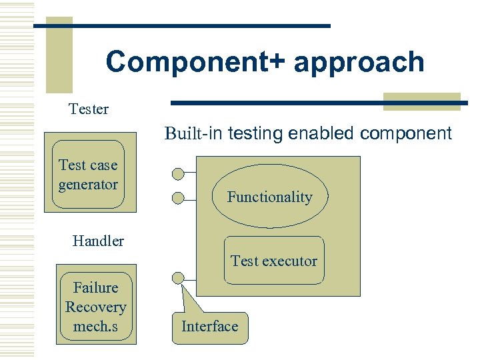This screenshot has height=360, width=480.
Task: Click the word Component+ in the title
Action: [195, 62]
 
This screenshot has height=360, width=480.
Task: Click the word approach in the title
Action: [359, 62]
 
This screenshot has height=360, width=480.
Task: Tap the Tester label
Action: [89, 109]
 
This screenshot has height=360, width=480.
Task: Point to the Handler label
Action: [98, 241]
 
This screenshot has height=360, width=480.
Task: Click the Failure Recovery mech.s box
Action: [95, 307]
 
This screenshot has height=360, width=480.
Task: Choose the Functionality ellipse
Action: [269, 197]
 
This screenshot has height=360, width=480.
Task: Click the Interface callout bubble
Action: [209, 327]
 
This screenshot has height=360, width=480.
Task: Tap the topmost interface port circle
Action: [178, 175]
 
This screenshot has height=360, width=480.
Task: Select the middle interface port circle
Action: [178, 197]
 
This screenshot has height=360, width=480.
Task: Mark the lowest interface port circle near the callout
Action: [178, 278]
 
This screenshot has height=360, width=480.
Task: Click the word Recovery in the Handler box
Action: [95, 307]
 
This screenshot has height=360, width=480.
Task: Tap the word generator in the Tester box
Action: [88, 185]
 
